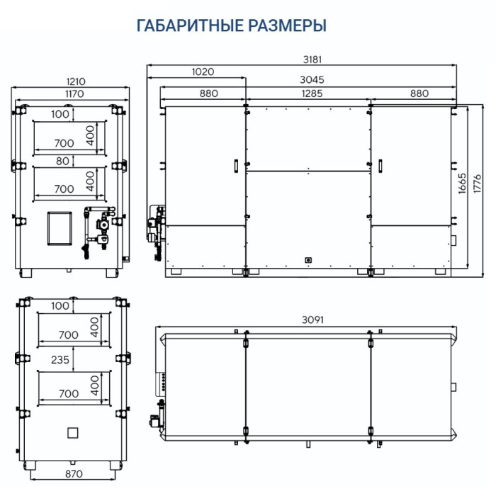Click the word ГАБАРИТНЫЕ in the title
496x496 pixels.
click(190, 26)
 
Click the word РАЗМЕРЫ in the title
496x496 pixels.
click(287, 26)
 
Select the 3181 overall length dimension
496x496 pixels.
click(312, 60)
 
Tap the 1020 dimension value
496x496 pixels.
click(203, 72)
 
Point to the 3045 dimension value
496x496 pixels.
click(312, 79)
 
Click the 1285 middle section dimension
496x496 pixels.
click(312, 94)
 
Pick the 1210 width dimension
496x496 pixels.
click(76, 81)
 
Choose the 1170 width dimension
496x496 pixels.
click(74, 94)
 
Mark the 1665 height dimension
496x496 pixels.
click(462, 183)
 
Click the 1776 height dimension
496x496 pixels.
click(477, 183)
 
